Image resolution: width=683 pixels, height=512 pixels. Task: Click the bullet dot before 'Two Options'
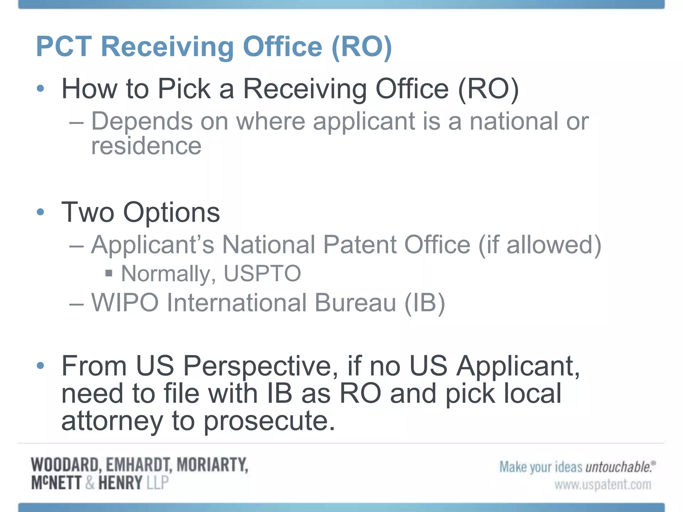40,212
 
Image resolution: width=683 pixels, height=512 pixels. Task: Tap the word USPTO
262,274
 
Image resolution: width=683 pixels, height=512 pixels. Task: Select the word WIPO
125,303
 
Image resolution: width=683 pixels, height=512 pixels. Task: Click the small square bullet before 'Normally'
108,274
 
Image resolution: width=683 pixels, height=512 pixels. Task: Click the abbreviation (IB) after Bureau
425,303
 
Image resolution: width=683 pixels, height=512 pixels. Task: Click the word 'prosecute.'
269,421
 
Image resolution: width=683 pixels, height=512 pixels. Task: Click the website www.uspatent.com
603,485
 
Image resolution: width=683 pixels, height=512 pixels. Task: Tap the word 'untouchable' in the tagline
618,467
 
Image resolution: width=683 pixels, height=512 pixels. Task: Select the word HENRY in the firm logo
120,483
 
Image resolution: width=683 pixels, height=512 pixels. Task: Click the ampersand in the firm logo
90,483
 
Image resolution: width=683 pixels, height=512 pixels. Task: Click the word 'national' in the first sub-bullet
514,121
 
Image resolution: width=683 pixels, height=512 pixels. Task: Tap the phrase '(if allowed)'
540,245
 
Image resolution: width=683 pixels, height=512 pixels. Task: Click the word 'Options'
171,213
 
